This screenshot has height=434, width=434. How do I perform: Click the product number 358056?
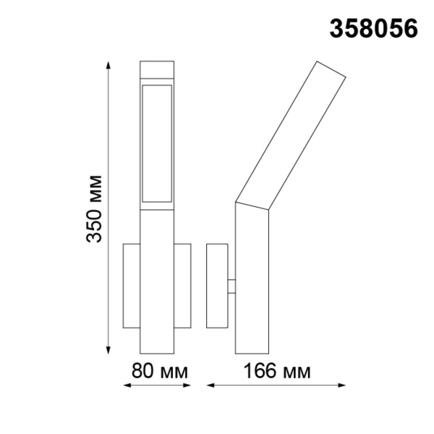pos(374,28)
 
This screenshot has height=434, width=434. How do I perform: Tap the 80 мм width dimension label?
pos(158,373)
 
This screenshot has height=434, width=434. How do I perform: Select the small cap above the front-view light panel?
pos(157,72)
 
